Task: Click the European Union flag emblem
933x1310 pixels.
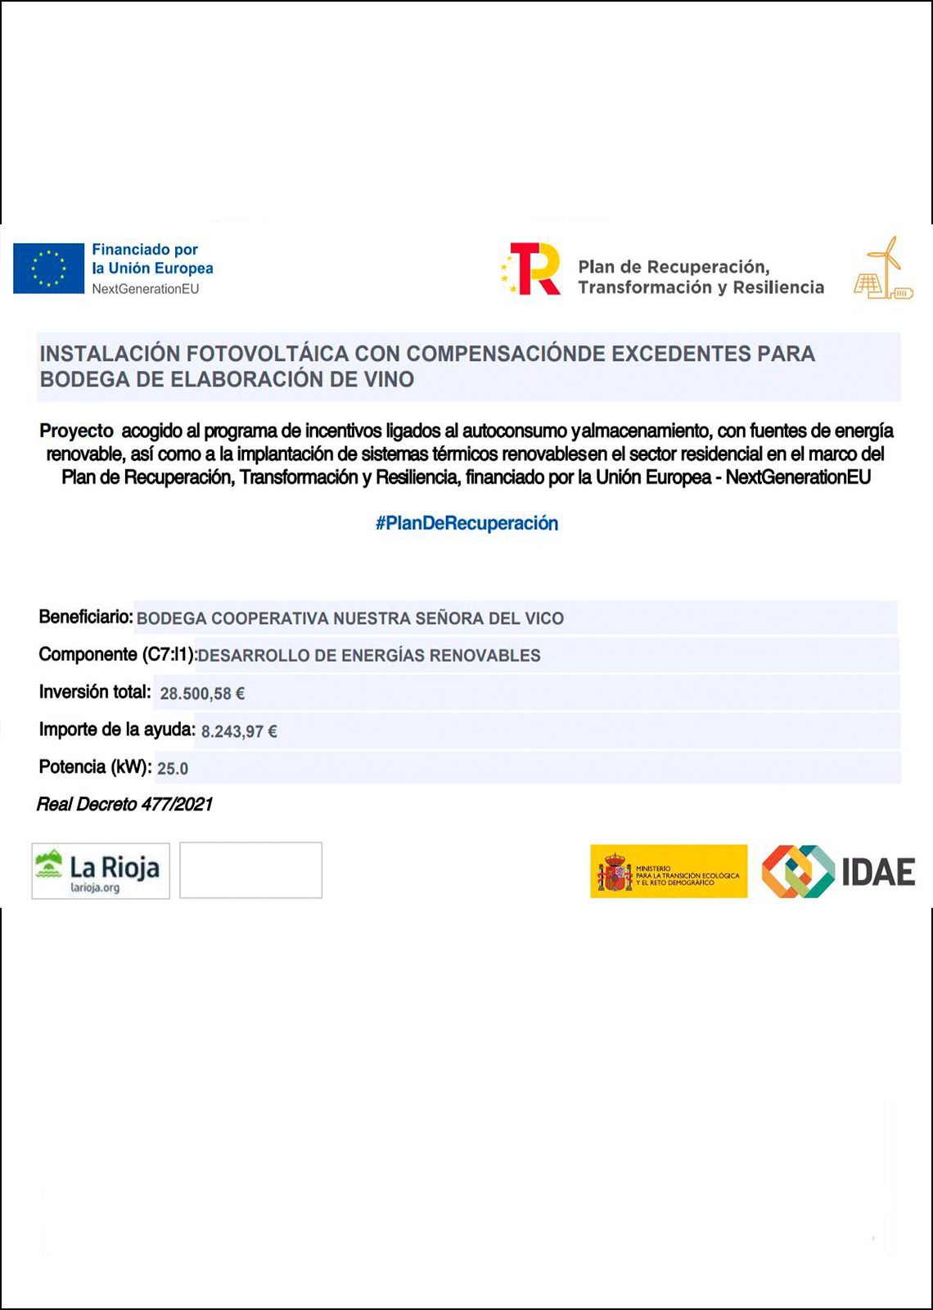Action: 48,268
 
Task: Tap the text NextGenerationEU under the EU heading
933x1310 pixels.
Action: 146,289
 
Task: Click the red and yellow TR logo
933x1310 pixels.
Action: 533,269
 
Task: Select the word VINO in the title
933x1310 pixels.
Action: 389,379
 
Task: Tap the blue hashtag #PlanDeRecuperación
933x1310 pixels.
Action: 466,523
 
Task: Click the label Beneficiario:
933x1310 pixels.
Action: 86,617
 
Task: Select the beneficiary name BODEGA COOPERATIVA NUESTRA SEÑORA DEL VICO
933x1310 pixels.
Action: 350,618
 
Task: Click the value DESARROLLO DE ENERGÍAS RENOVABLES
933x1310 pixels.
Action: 369,655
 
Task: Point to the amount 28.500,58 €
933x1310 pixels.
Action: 202,693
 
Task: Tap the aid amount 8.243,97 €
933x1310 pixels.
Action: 239,731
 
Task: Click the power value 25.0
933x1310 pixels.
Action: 173,768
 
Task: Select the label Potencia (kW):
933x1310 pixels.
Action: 95,767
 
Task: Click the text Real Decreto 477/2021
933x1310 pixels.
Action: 124,804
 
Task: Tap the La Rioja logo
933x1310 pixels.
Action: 100,871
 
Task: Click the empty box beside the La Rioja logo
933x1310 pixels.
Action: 250,870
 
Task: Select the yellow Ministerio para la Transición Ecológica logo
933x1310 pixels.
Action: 669,871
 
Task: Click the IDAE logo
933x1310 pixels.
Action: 838,871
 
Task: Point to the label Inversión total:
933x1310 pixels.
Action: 95,692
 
